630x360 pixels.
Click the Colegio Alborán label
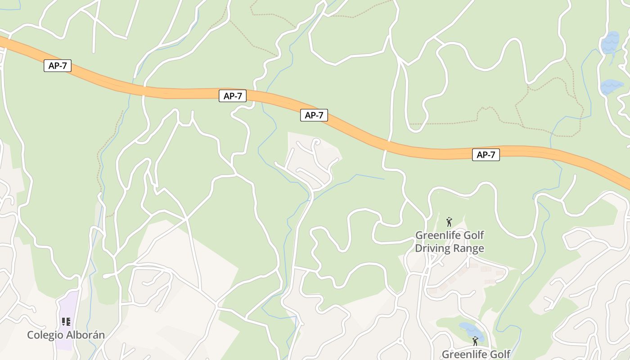tap(66, 335)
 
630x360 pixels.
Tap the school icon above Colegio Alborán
tap(66, 322)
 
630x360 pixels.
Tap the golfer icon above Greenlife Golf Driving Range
tap(449, 222)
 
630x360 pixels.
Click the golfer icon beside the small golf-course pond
tap(475, 342)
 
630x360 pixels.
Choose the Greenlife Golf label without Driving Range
tap(476, 354)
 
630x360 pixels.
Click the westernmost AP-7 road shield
tap(58, 66)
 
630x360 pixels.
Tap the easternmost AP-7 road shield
tap(486, 155)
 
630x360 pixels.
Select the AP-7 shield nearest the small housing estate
tap(314, 115)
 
